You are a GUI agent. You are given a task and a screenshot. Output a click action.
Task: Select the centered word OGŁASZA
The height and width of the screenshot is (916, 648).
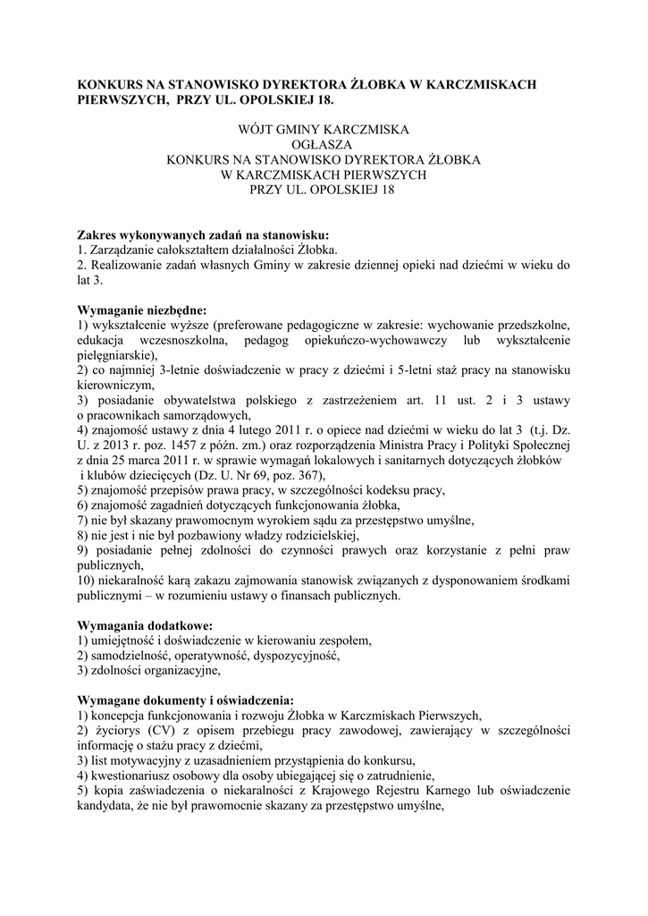[x=324, y=145]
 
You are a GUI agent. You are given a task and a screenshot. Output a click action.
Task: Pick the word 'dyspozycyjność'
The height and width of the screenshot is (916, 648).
[x=294, y=656]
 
